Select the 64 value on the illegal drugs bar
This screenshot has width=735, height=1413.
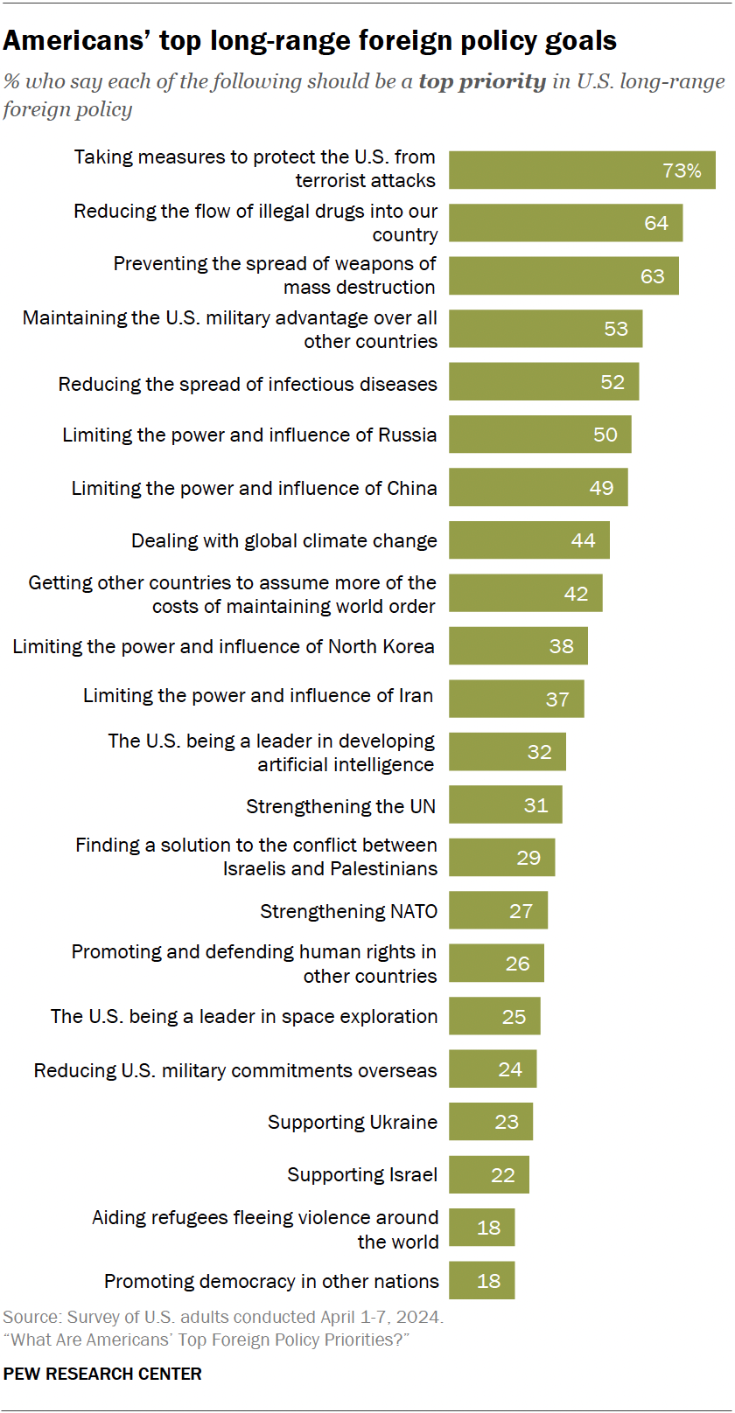click(x=656, y=223)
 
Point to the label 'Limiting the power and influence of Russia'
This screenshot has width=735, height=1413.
click(x=249, y=435)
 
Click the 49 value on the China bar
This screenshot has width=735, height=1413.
click(x=601, y=488)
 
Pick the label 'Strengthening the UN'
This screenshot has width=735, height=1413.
click(x=340, y=806)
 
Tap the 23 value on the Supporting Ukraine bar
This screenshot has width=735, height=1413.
click(x=507, y=1122)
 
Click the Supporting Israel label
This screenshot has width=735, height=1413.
click(x=362, y=1174)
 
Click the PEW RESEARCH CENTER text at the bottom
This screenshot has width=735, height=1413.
click(x=102, y=1374)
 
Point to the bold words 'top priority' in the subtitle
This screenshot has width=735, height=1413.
click(x=482, y=81)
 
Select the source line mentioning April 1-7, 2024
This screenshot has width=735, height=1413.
click(x=223, y=1317)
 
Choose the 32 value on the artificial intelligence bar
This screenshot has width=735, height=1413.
click(x=539, y=752)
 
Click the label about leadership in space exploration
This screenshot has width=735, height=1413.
click(x=244, y=1016)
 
